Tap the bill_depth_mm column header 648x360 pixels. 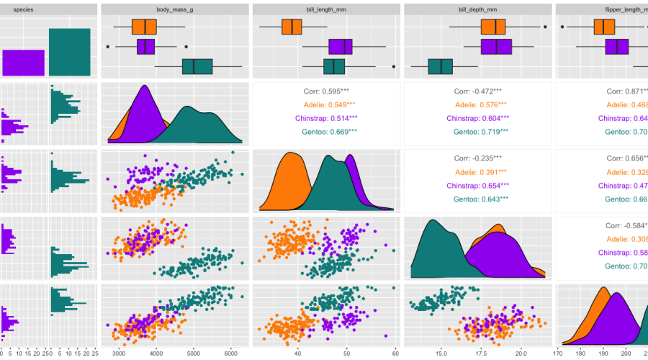pyautogui.click(x=477, y=10)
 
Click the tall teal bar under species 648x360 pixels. pyautogui.click(x=70, y=52)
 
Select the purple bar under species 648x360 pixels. pyautogui.click(x=23, y=63)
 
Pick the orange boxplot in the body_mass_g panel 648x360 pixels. pyautogui.click(x=144, y=27)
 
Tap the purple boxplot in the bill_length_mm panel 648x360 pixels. pyautogui.click(x=341, y=47)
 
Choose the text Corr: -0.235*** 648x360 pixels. pyautogui.click(x=477, y=158)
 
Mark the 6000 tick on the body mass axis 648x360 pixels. pyautogui.click(x=230, y=354)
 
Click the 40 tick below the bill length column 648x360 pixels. pyautogui.click(x=297, y=354)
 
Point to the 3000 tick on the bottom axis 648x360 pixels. pyautogui.click(x=117, y=354)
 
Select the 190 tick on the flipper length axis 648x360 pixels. pyautogui.click(x=604, y=354)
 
